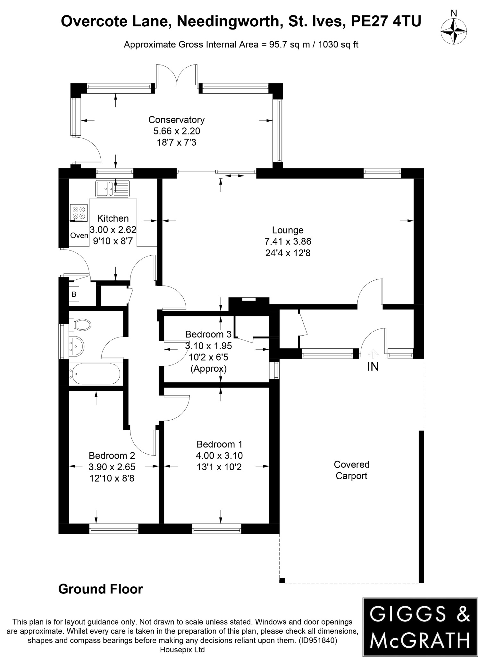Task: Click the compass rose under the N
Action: tap(453, 31)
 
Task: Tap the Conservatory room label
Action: tap(176, 120)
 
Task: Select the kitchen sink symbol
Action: tap(112, 188)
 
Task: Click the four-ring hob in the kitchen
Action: tap(79, 213)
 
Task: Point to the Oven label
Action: tap(79, 236)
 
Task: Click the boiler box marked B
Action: tap(74, 294)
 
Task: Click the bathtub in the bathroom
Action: tap(95, 374)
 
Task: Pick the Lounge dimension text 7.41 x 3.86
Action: tap(288, 242)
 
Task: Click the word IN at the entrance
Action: tap(373, 367)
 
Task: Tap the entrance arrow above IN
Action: tap(373, 354)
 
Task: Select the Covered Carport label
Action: tap(351, 470)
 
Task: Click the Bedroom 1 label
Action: tap(219, 444)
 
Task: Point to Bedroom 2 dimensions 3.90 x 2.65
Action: tap(112, 467)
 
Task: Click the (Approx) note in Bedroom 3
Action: tap(208, 369)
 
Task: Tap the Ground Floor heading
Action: tap(100, 589)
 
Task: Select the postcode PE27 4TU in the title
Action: tap(386, 21)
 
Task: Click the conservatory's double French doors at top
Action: tap(177, 75)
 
